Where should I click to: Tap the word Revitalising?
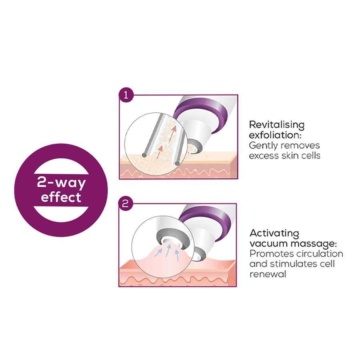(276, 124)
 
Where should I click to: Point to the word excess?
(264, 155)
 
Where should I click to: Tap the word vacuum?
(267, 243)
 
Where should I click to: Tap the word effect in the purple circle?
(61, 197)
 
